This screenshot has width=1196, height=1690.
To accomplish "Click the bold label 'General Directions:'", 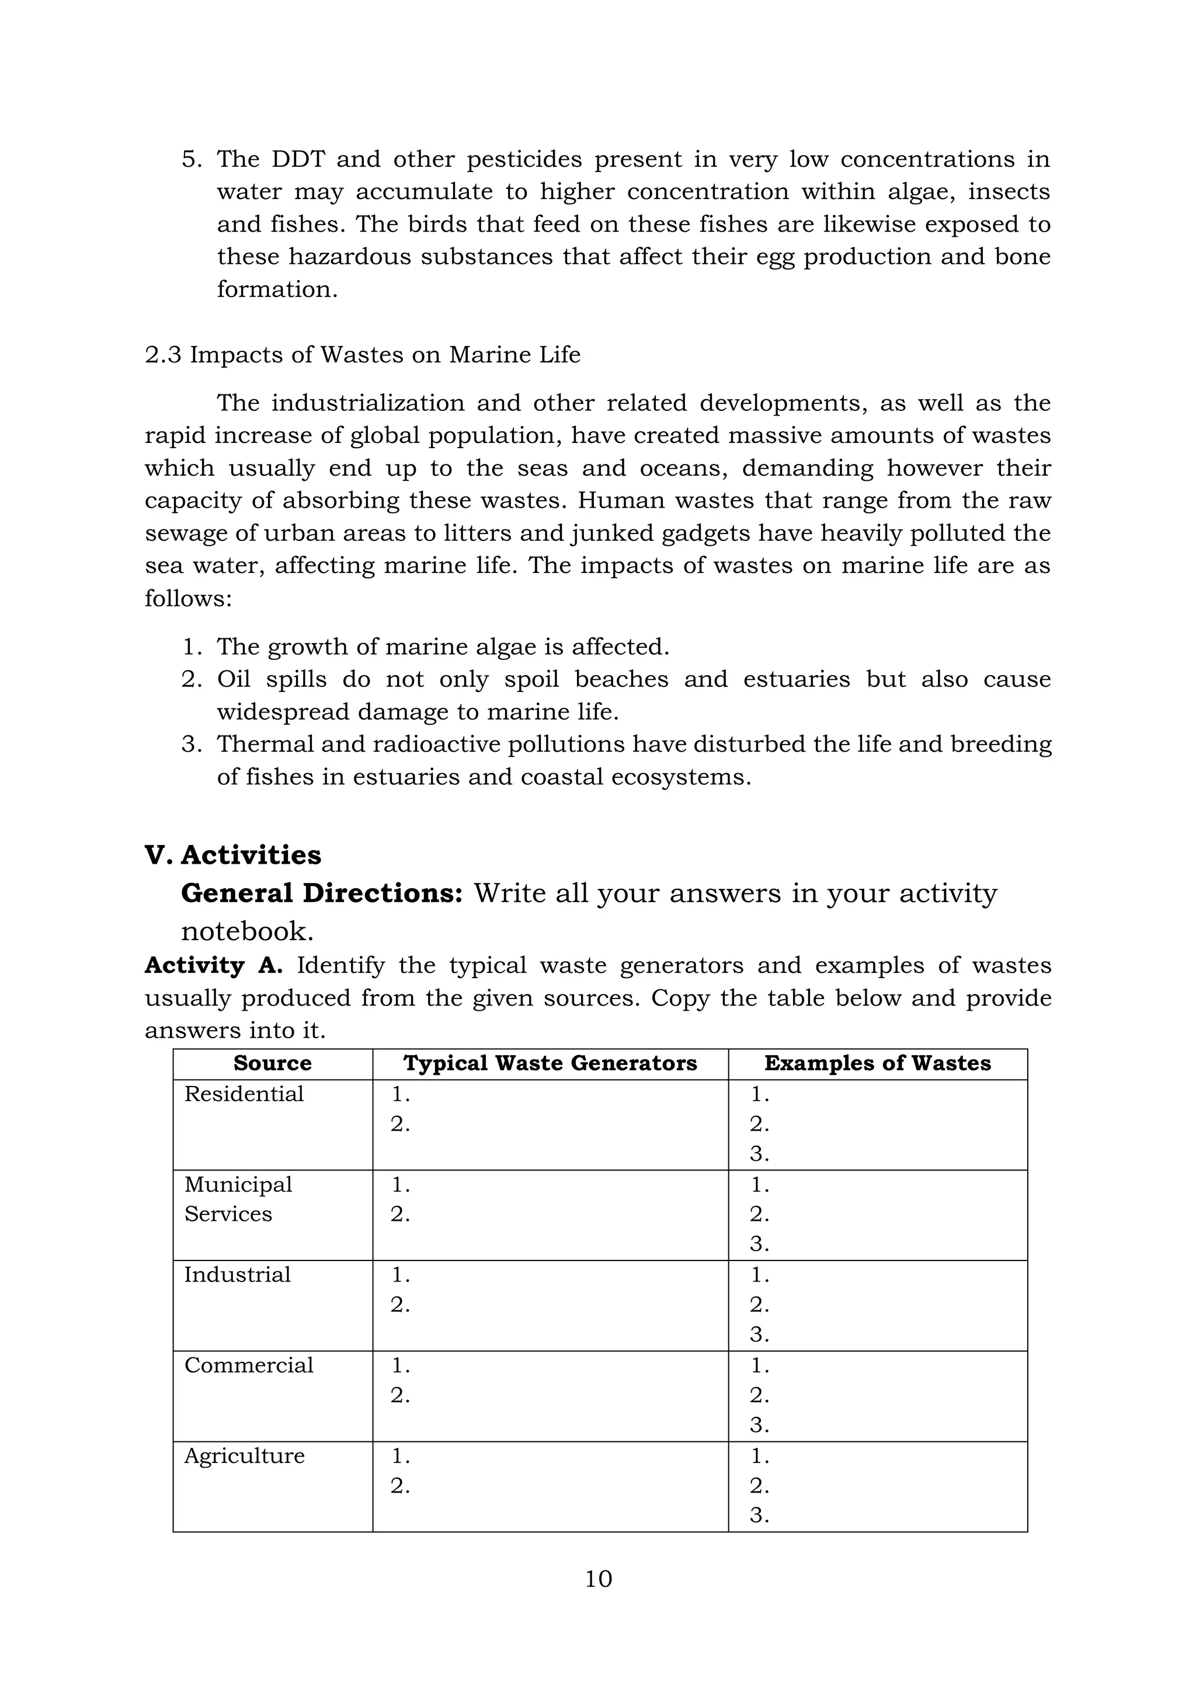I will [322, 893].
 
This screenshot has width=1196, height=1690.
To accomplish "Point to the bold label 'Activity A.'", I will [214, 965].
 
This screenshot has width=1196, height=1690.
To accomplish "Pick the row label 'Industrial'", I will [237, 1274].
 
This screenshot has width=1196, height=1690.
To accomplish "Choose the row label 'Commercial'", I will [249, 1364].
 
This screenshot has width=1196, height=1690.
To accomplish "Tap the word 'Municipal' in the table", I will [238, 1183].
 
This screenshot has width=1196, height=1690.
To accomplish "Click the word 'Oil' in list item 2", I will [234, 679].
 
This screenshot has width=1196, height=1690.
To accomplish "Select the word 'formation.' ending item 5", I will [277, 289].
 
